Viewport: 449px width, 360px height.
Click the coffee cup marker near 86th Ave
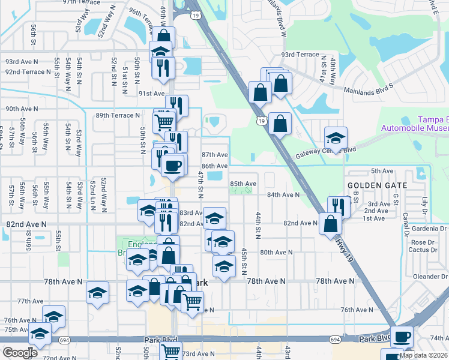[x=173, y=164]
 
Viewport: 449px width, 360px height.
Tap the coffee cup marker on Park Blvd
[x=402, y=336]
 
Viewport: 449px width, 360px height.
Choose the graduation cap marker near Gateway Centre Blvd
[x=336, y=137]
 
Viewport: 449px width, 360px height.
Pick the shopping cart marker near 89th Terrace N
[x=164, y=122]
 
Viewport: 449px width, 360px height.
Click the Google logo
[x=20, y=353]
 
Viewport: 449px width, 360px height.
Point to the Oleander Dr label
[x=431, y=277]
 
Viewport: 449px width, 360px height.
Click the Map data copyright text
[x=423, y=355]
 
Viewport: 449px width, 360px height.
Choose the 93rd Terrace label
[x=300, y=55]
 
